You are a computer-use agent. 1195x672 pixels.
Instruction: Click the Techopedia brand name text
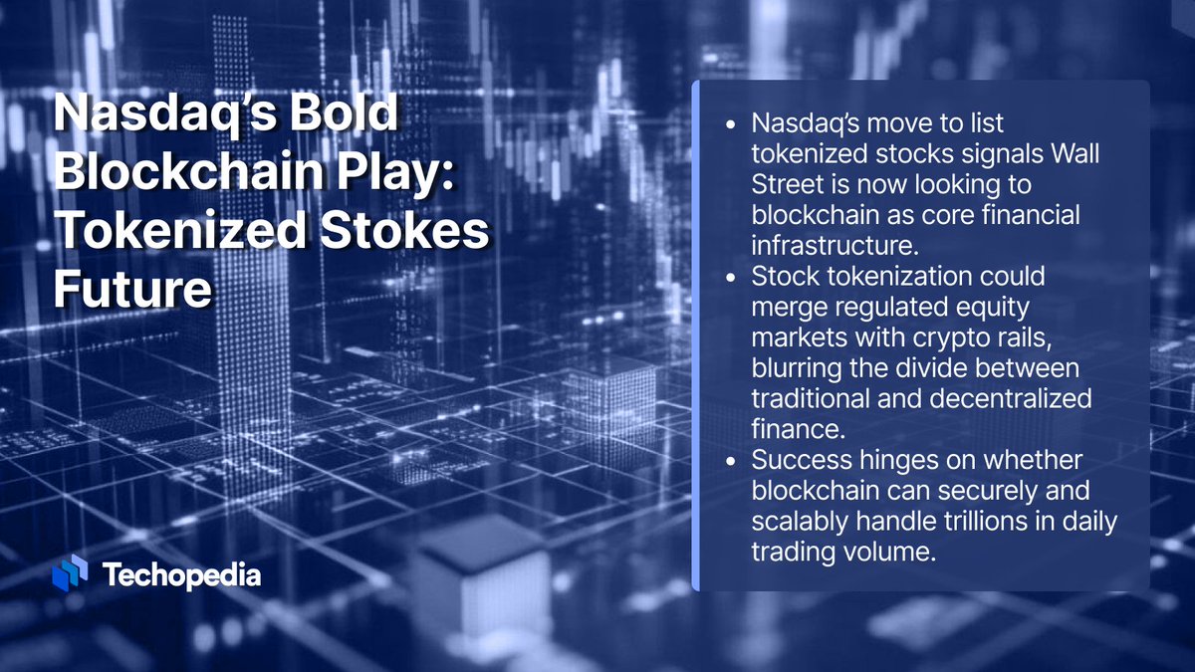coord(182,574)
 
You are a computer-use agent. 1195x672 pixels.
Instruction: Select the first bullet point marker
coord(733,126)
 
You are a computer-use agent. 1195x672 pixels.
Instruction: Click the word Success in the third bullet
coord(800,461)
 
